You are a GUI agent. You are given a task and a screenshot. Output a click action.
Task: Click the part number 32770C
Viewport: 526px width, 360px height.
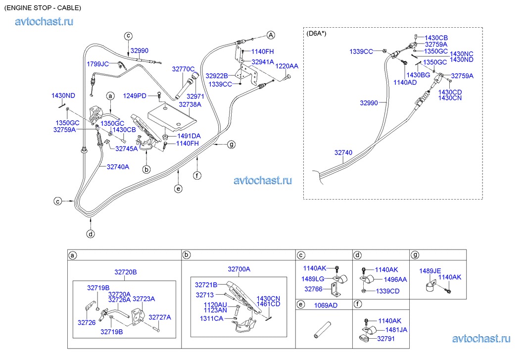tap(183, 69)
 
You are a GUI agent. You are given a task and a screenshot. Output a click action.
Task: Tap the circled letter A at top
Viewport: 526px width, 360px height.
tap(271, 35)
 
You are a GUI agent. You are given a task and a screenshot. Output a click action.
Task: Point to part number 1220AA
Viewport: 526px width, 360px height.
tap(287, 66)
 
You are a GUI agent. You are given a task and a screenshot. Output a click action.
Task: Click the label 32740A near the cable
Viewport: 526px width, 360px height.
tap(118, 167)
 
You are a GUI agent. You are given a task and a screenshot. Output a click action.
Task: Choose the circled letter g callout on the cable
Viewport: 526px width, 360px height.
tap(231, 145)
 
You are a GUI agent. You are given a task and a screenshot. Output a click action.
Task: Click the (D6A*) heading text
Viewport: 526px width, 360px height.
tap(317, 33)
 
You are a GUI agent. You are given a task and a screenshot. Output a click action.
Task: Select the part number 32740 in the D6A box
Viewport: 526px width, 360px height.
tap(343, 153)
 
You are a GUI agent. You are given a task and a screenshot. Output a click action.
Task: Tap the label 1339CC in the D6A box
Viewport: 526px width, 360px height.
tap(361, 51)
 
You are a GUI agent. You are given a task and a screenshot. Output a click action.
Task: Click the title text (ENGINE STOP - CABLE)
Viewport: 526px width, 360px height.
tap(43, 8)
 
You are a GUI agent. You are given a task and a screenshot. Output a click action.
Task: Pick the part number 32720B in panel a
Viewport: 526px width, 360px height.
tap(126, 272)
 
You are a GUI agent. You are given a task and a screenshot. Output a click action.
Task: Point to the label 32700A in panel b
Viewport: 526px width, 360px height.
tap(239, 269)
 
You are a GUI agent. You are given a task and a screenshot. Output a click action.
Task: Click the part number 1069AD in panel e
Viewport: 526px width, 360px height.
tap(326, 305)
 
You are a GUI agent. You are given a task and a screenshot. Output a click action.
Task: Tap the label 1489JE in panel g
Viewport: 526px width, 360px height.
tap(430, 271)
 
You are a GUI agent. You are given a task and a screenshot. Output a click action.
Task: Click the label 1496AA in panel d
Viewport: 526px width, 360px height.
tap(395, 279)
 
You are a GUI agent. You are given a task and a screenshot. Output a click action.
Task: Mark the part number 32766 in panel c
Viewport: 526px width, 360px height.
tap(313, 289)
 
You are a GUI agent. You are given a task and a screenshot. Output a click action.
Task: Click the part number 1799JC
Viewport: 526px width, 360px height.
tap(97, 64)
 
